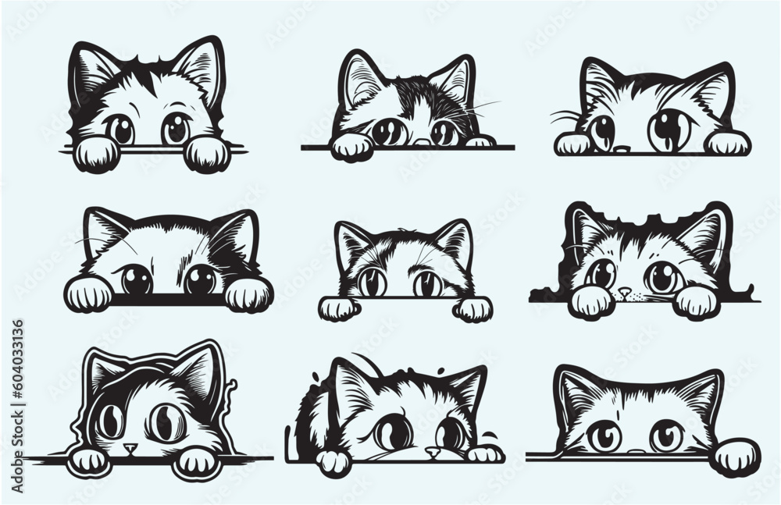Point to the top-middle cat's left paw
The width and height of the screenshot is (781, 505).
351,146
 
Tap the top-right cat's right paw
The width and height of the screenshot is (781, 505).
728,142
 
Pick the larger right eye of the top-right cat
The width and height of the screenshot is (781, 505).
669,130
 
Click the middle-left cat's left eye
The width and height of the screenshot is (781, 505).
137,279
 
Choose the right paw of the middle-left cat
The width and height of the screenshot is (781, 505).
248,293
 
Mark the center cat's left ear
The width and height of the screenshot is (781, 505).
352,244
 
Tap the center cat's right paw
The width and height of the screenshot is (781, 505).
473,309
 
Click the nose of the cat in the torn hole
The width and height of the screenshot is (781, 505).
624,292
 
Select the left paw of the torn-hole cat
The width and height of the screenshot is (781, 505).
590,302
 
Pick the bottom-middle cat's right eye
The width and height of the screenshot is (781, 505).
451,432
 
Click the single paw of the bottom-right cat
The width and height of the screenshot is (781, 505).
735,457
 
